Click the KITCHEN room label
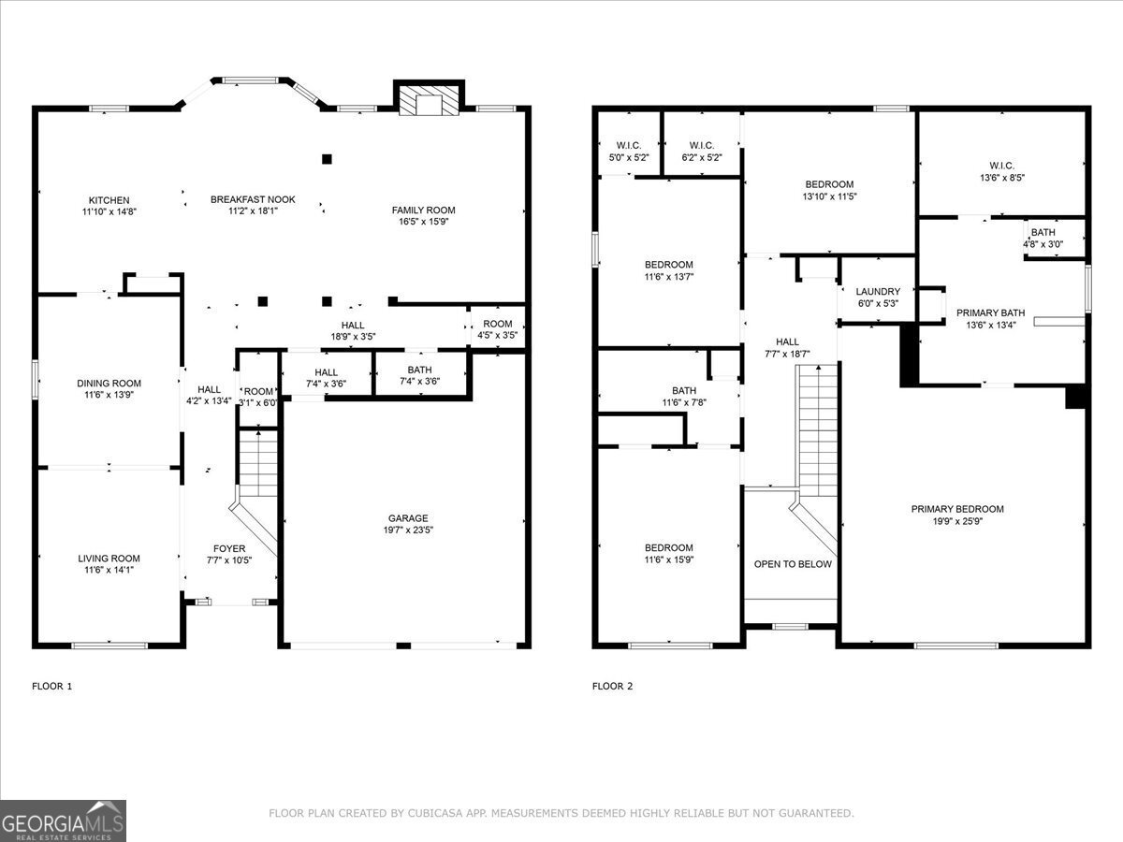109,200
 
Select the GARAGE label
408,518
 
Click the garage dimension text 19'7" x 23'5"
408,530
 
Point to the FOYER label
229,548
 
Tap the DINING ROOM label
109,383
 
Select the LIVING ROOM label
109,559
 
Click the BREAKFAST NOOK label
253,199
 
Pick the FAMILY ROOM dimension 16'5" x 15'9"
423,222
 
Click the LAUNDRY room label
878,291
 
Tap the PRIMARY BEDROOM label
957,509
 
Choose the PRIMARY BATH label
990,313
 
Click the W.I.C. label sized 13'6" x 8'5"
1001,166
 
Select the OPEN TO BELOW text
793,564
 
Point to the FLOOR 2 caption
612,687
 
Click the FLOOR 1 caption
51,687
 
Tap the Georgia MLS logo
63,820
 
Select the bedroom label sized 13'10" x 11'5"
829,184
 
